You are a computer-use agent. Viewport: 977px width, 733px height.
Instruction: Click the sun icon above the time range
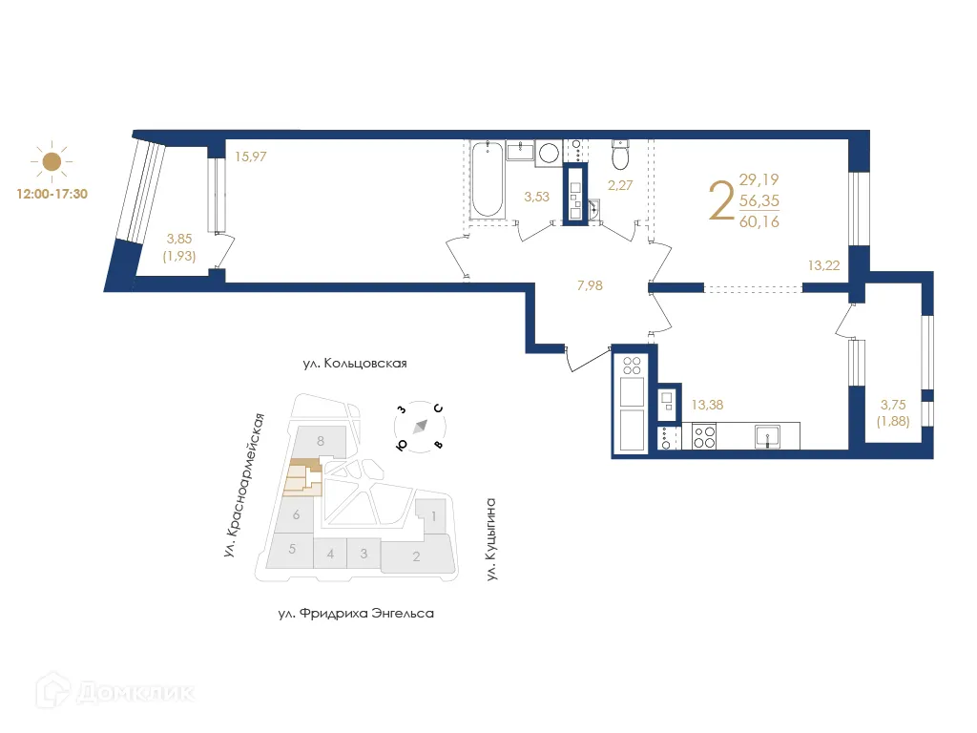[51, 161]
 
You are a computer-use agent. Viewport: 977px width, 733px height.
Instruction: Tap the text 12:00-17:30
[52, 193]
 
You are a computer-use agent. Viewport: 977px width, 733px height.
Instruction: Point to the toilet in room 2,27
[620, 154]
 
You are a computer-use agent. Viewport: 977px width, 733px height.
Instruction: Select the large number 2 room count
[721, 201]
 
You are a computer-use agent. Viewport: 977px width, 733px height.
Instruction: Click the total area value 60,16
[759, 222]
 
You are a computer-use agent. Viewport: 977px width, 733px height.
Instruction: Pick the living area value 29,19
[759, 179]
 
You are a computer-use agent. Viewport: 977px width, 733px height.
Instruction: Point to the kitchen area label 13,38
[708, 405]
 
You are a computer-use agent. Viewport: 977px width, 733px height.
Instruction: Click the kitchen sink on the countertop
[766, 436]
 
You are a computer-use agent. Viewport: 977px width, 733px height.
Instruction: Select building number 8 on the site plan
[322, 441]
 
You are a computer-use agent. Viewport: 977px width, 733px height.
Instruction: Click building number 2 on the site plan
[416, 556]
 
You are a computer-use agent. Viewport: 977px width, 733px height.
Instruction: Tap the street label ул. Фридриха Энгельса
[355, 613]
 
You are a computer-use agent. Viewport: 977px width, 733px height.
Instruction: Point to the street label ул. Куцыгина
[492, 539]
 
